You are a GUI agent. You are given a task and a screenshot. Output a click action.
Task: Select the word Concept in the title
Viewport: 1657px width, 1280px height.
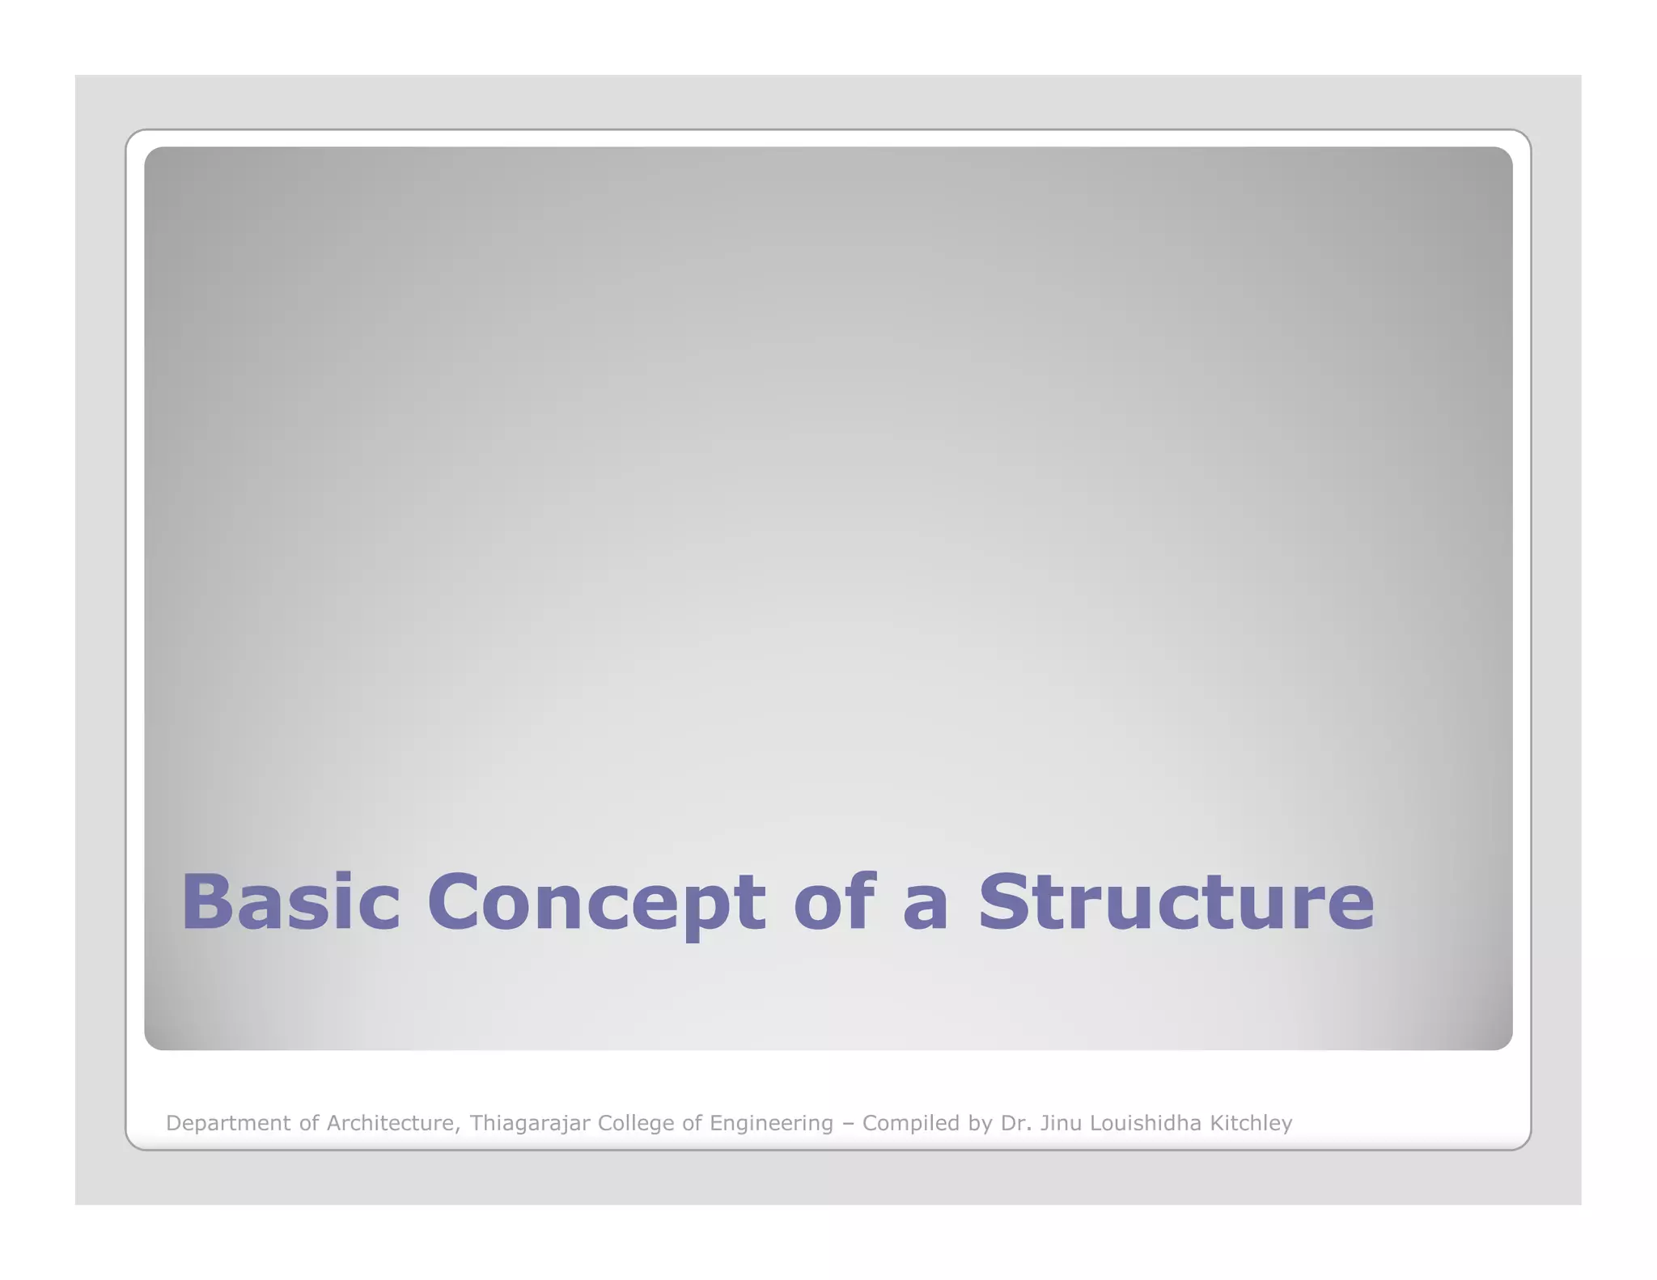point(596,902)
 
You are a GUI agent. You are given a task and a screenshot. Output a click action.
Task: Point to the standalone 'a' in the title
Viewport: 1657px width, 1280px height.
point(925,906)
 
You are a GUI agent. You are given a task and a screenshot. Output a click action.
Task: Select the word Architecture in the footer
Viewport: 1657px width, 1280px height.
point(393,1122)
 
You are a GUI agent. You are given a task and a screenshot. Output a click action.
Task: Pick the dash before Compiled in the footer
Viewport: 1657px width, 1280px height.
point(847,1124)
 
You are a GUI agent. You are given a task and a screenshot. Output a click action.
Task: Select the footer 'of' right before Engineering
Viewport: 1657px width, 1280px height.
point(692,1122)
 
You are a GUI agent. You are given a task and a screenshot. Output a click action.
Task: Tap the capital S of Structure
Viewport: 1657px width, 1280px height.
point(1007,901)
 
